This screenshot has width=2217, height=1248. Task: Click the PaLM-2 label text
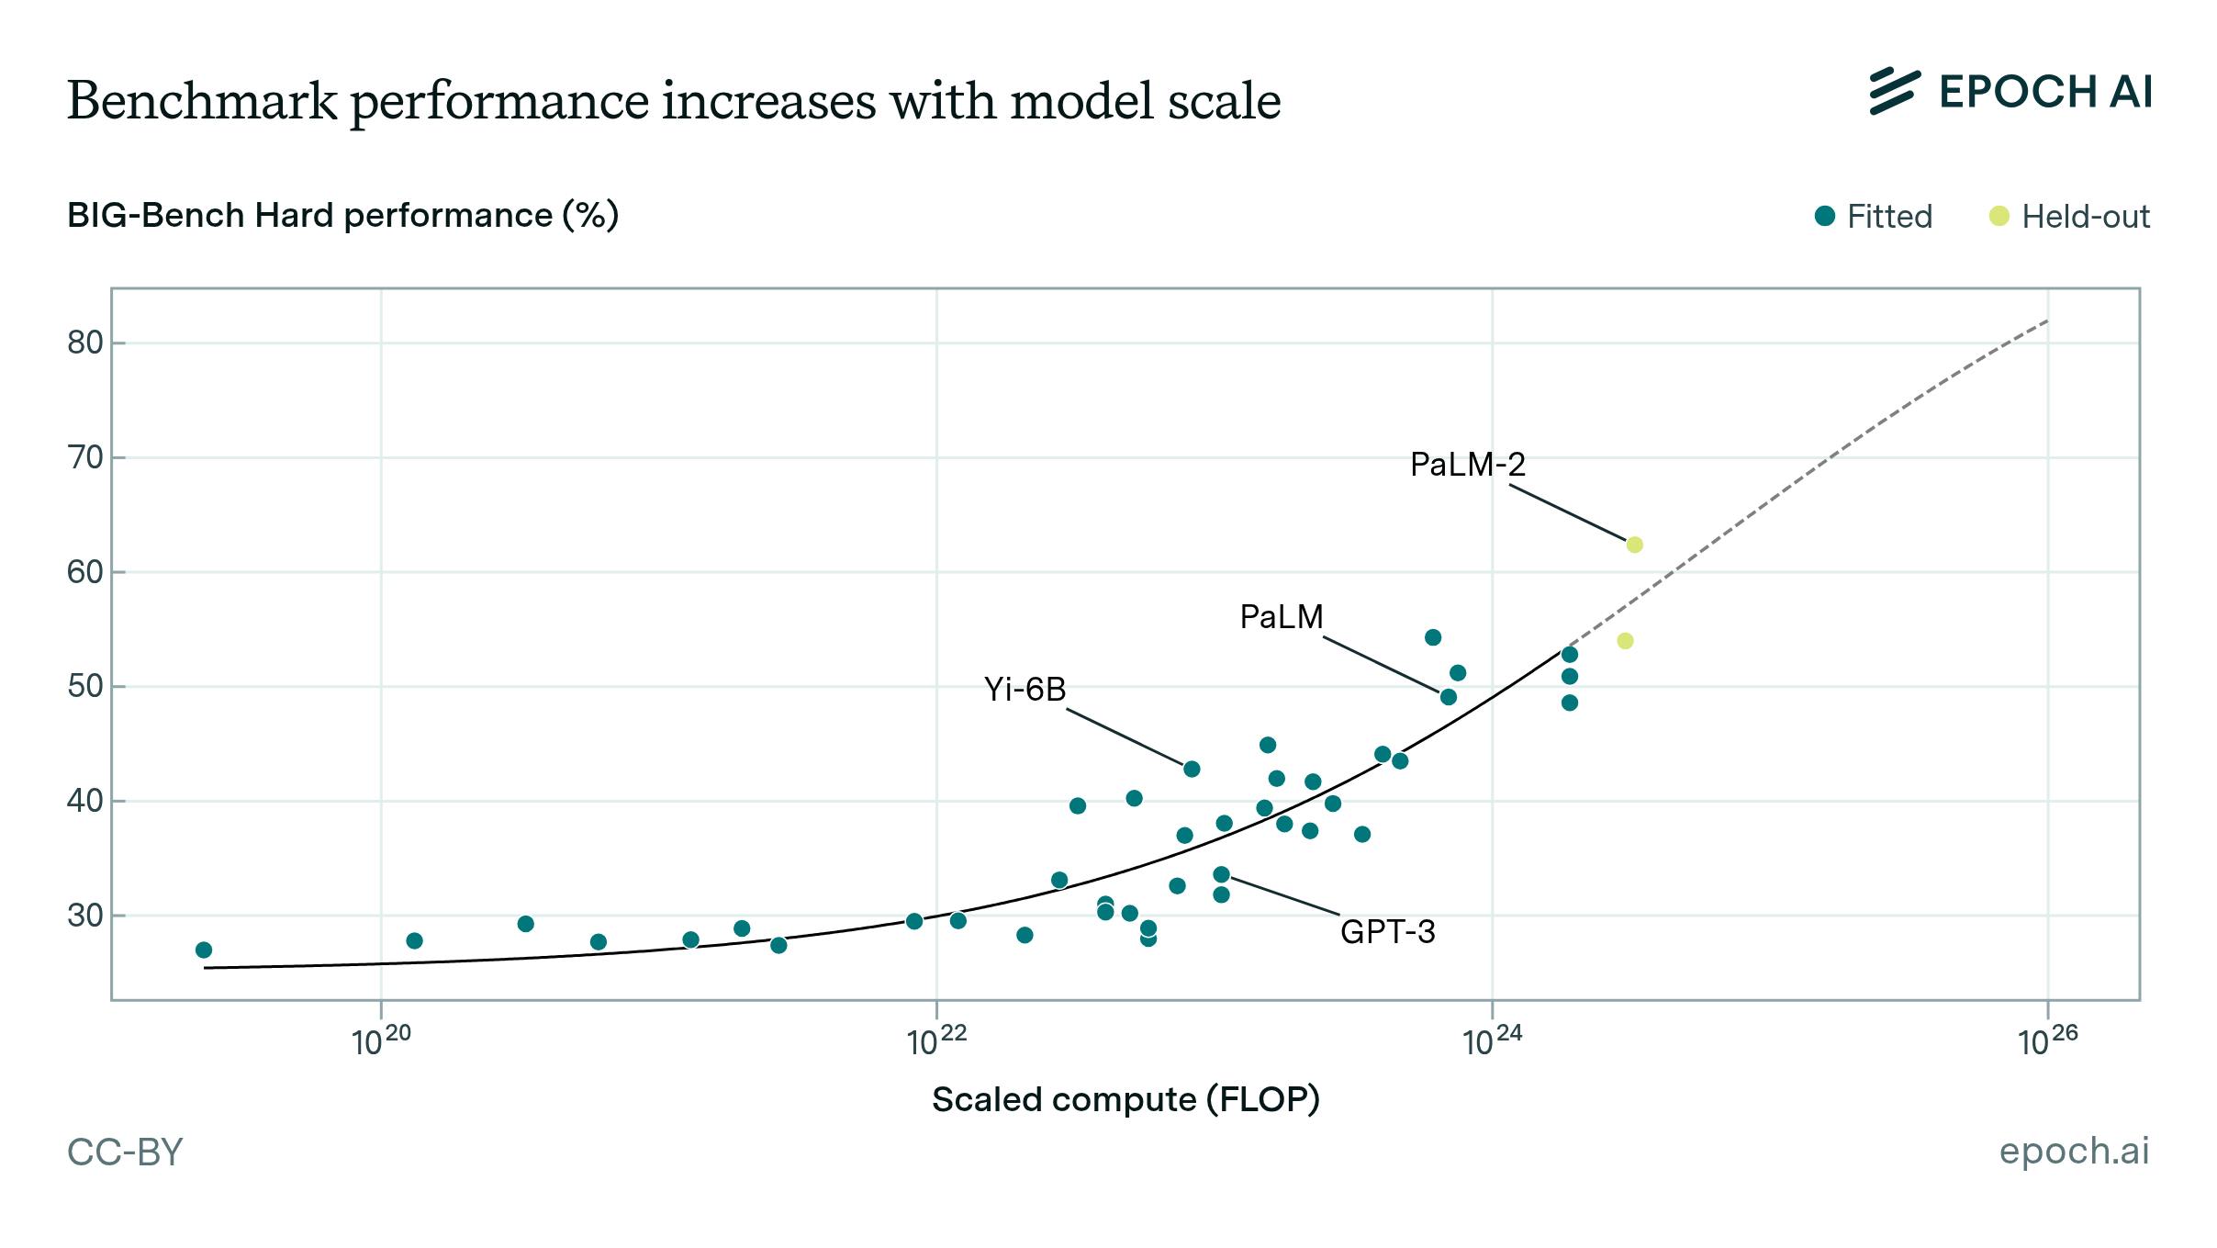pos(1467,465)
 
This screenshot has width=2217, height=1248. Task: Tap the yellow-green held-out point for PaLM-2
pos(1634,545)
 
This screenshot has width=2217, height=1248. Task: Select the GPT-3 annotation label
pos(1387,932)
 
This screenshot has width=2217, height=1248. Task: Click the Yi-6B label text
pos(1025,690)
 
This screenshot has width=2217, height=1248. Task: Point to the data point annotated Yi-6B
pos(1192,769)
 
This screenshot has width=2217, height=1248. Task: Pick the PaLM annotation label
pos(1281,617)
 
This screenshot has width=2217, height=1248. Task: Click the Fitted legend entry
pos(1874,217)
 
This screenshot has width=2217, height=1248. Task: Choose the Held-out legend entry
pos(2069,217)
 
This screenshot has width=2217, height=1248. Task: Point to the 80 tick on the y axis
pos(84,343)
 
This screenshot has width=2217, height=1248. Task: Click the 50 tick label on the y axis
pos(84,686)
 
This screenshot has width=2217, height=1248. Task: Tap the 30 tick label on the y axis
pos(84,916)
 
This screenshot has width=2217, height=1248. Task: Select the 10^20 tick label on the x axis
pos(381,1040)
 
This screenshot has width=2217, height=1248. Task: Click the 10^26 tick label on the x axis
pos(2047,1040)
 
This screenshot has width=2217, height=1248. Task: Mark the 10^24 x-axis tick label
pos(1492,1040)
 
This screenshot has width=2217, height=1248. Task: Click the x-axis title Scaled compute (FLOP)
pos(1125,1099)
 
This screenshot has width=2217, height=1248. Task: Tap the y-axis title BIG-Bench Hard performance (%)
pos(342,216)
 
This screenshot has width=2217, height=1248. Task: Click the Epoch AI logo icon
pos(1894,92)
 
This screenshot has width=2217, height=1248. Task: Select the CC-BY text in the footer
pos(125,1152)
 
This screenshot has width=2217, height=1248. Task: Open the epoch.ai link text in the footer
pos(2074,1151)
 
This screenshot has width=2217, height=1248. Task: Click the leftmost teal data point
pos(204,950)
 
